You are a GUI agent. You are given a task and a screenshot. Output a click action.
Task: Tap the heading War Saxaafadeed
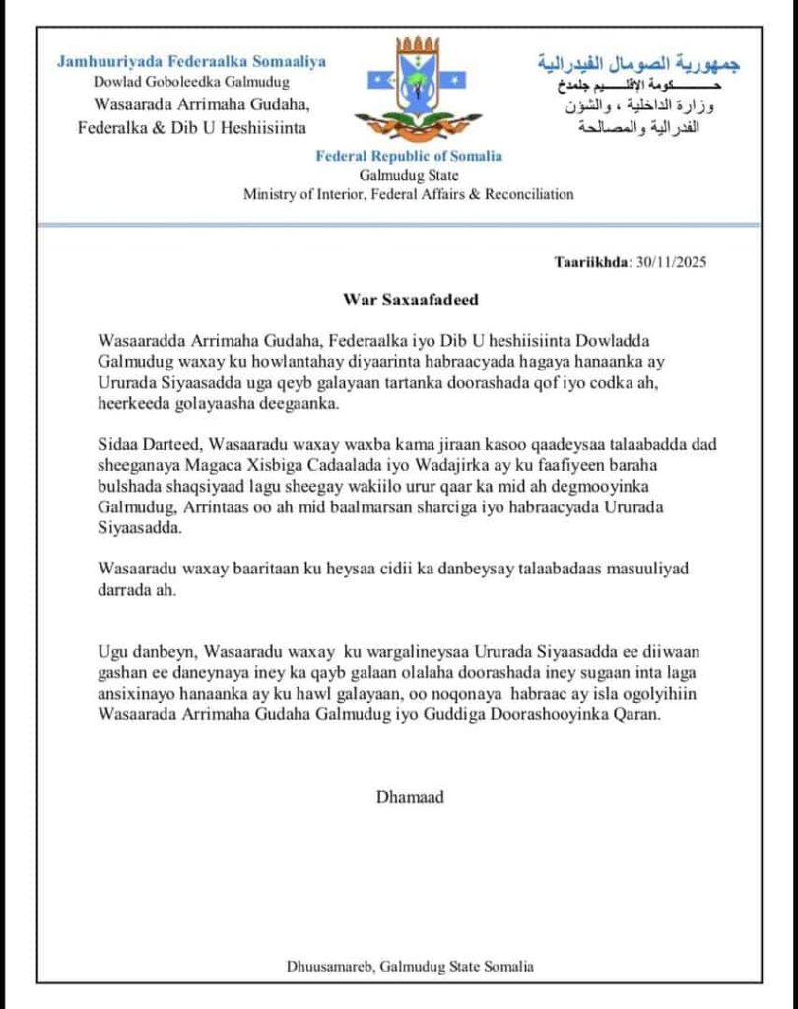399,297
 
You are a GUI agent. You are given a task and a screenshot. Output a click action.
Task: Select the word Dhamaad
410,796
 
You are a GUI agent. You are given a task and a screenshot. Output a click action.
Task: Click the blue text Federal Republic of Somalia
408,156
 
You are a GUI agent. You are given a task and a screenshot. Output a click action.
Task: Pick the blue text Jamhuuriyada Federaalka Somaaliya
191,61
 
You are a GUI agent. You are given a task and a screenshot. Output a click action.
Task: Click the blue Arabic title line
639,64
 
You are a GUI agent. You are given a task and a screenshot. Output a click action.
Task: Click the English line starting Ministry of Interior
408,194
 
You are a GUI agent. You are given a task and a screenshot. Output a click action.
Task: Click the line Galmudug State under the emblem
408,175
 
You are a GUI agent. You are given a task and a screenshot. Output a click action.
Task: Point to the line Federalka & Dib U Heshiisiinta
192,127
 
